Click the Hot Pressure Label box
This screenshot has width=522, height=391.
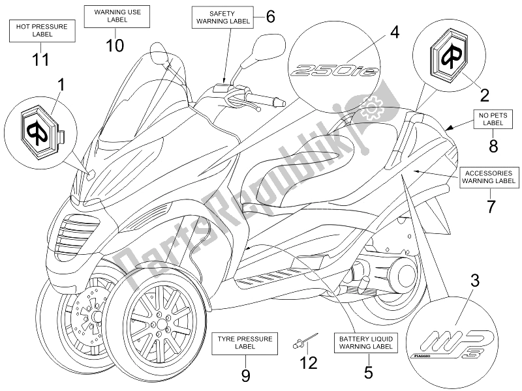click(41, 29)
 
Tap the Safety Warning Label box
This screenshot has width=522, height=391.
click(221, 18)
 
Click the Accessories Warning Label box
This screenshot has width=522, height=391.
click(490, 178)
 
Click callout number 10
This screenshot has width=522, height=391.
click(115, 45)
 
